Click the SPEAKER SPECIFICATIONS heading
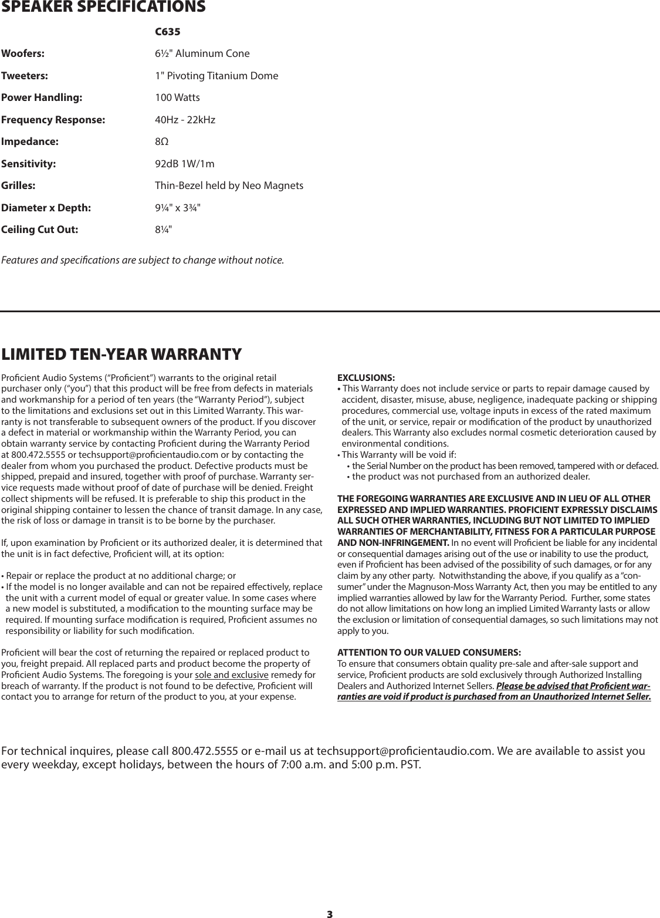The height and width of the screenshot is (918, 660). [103, 8]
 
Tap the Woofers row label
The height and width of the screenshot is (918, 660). [23, 54]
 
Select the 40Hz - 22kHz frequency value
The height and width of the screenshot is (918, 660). [185, 120]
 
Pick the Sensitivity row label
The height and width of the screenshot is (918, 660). [29, 164]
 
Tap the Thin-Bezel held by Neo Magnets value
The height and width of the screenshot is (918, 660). [229, 186]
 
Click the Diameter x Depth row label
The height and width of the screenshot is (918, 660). [46, 208]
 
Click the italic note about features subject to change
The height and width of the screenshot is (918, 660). [143, 259]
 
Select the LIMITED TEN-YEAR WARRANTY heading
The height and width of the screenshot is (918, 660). [121, 355]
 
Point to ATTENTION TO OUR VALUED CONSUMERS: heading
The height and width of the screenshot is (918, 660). [429, 653]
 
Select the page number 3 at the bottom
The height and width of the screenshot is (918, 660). [329, 913]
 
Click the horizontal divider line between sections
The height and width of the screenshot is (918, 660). [330, 311]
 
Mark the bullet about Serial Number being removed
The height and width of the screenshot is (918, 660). [502, 465]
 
